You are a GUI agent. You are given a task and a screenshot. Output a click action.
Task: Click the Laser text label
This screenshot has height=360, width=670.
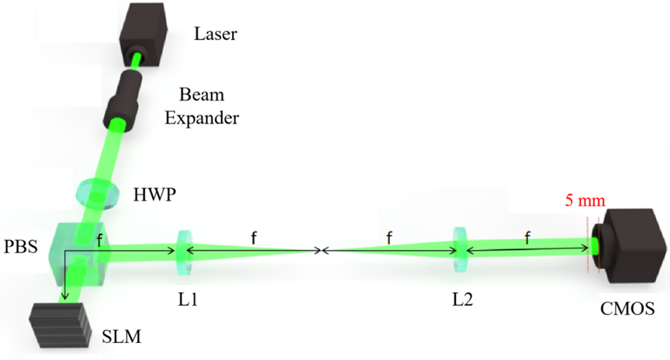(x=216, y=33)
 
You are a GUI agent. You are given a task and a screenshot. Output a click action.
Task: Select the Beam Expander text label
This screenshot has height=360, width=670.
(x=202, y=106)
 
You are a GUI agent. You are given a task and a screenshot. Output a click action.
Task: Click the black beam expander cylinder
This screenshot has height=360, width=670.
(x=123, y=99)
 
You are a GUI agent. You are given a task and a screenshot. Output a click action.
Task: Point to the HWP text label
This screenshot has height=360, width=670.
(x=155, y=195)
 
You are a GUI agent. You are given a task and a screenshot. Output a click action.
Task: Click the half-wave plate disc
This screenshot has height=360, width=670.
(x=98, y=193)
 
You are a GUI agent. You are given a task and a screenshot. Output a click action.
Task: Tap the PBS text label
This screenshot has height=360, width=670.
(x=21, y=247)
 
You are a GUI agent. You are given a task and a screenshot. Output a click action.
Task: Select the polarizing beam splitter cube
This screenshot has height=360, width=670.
(x=80, y=254)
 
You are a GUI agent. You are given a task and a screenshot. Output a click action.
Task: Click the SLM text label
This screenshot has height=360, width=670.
(x=121, y=337)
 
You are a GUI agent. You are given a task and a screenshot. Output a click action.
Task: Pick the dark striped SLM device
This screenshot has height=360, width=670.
(x=60, y=324)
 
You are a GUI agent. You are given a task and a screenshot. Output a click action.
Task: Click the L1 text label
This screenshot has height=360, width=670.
(x=188, y=300)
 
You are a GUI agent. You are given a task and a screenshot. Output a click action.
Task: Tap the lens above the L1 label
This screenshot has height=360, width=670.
(x=184, y=252)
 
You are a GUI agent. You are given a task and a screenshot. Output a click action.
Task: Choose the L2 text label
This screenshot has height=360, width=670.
(x=463, y=300)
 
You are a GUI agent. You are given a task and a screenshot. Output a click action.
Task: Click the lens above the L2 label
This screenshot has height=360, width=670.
(x=460, y=250)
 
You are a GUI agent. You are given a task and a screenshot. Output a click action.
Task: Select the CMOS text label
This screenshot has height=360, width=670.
(x=628, y=308)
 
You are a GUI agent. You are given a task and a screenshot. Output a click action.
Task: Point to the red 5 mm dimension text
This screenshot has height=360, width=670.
(x=585, y=200)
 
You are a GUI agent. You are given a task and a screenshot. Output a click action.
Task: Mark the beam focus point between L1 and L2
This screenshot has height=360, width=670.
(x=320, y=251)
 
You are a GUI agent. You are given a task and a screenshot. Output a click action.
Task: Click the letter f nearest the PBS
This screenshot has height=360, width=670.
(x=99, y=242)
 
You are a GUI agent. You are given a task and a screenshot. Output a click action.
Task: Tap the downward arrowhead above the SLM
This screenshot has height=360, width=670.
(x=65, y=295)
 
